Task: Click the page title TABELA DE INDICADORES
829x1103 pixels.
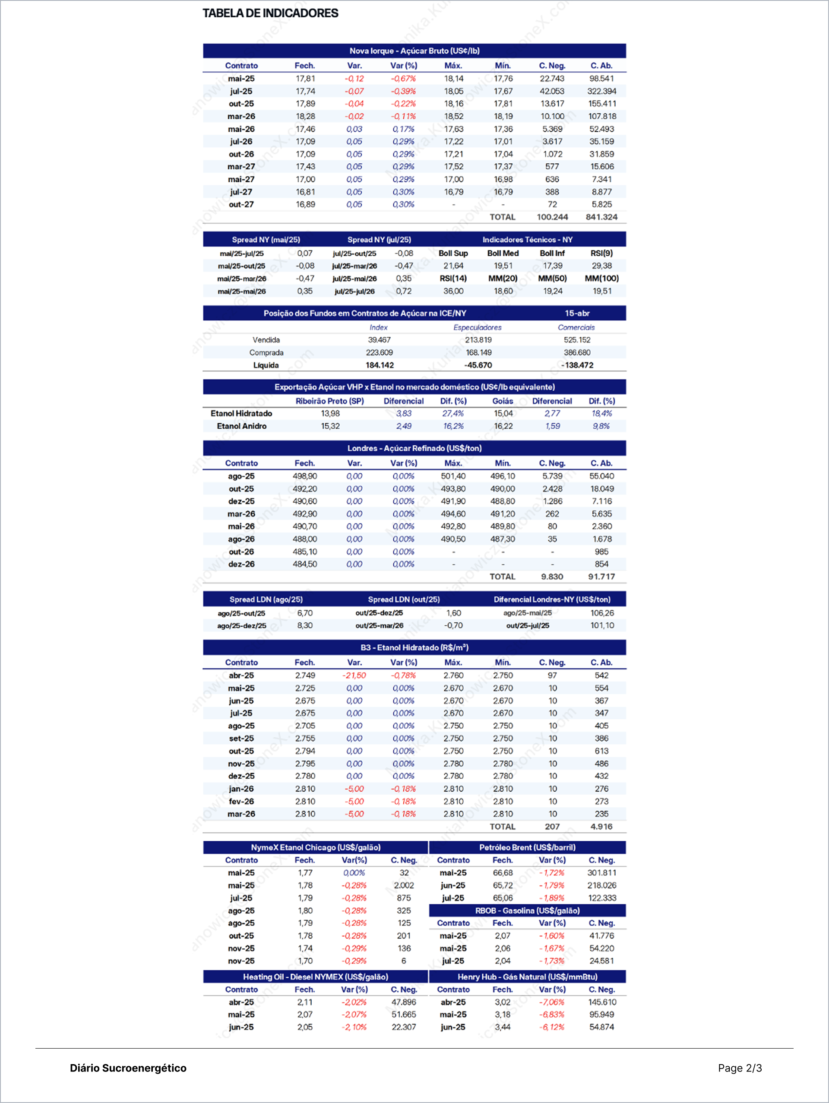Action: pos(270,13)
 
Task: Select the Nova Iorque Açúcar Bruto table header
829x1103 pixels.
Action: pos(414,51)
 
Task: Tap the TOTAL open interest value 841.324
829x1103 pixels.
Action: pos(601,217)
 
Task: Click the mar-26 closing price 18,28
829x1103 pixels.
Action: pos(305,116)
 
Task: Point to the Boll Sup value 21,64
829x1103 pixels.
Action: pos(453,266)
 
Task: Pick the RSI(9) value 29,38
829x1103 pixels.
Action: pos(601,266)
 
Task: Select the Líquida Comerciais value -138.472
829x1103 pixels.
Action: pos(577,365)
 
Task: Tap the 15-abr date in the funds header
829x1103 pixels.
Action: pos(577,313)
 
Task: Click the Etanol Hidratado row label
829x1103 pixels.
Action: pos(241,413)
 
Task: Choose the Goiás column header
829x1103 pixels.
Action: pos(503,401)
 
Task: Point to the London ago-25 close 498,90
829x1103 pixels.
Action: pos(304,476)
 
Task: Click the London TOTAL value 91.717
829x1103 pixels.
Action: pos(601,577)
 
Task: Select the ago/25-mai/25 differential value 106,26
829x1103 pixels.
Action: pos(602,613)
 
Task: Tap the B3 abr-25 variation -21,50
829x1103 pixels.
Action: pos(354,675)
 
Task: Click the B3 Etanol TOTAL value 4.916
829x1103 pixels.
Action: pos(601,826)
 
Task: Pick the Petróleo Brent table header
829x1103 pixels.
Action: pos(527,847)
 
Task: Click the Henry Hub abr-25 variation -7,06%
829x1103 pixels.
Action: pos(551,1002)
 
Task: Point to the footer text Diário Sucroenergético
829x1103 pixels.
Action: pos(128,1068)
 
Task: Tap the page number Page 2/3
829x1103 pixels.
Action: pos(740,1068)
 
